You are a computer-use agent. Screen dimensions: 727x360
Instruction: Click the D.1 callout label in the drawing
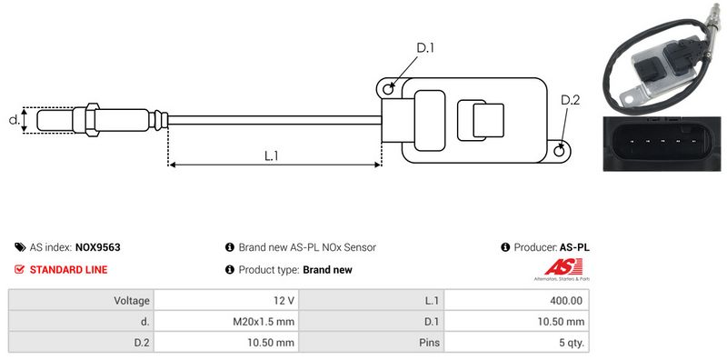pos(424,48)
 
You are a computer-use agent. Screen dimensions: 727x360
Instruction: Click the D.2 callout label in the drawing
pos(570,100)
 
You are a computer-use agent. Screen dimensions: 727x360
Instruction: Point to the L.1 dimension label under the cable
pos(271,155)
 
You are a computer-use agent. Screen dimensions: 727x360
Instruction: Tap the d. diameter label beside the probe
pos(15,120)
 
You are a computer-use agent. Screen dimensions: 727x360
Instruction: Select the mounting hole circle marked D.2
pos(560,150)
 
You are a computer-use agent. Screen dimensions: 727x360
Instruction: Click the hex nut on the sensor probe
pos(92,120)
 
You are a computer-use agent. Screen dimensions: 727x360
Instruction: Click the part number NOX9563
pos(98,247)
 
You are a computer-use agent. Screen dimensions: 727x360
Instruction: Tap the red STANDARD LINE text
pos(69,269)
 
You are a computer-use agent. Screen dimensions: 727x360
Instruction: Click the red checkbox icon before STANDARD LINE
pos(19,269)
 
